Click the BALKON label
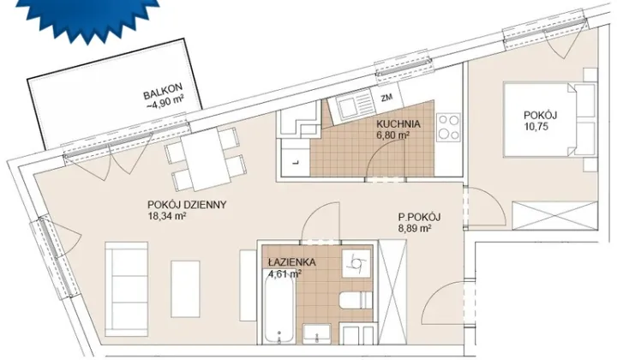[x=163, y=95]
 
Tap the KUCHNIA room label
[x=398, y=124]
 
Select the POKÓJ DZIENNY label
[x=187, y=205]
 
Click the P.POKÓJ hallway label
[x=419, y=217]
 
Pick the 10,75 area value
[x=536, y=127]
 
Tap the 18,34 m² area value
[x=167, y=216]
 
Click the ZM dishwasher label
[x=386, y=98]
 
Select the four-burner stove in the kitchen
[x=448, y=127]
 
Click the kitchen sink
[x=348, y=105]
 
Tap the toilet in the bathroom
[x=356, y=301]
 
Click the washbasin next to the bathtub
[x=317, y=334]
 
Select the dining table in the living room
[x=206, y=159]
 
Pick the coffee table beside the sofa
[x=185, y=289]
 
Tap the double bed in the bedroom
[x=549, y=120]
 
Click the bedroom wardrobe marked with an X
[x=554, y=216]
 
